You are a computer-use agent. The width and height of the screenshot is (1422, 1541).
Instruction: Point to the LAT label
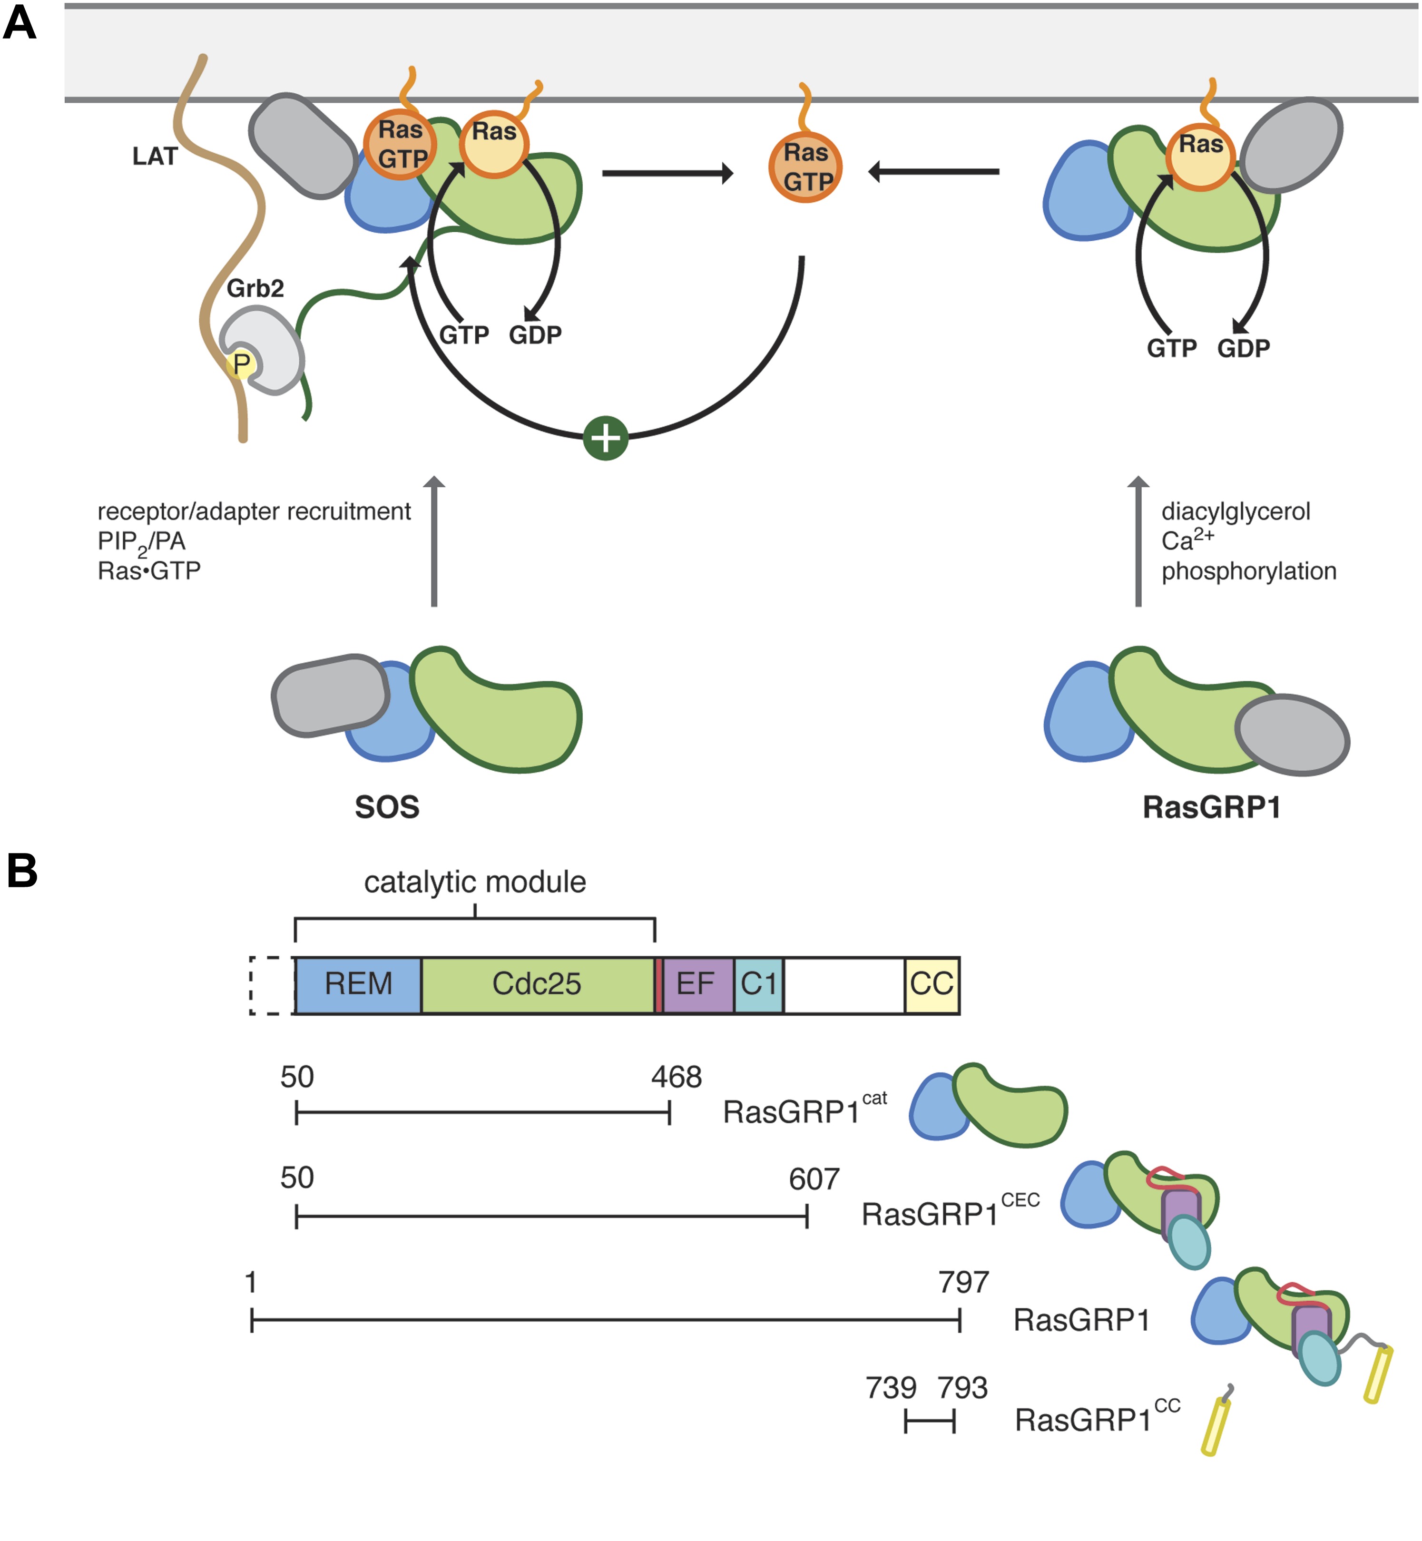(155, 156)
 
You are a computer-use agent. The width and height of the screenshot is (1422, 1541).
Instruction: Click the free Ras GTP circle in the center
(805, 167)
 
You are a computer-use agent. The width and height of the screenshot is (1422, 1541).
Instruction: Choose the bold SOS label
(387, 807)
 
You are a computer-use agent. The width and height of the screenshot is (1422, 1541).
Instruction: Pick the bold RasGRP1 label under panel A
(1211, 807)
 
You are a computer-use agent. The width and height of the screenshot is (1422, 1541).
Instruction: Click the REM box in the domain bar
(359, 984)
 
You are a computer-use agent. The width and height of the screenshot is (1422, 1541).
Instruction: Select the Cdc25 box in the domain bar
(537, 984)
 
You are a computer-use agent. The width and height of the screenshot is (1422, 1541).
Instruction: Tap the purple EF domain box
(696, 984)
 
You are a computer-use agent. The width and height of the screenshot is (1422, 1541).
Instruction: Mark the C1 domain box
(759, 984)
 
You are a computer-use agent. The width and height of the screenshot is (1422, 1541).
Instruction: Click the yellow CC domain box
(932, 984)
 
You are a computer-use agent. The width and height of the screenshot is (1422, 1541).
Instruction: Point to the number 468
(677, 1077)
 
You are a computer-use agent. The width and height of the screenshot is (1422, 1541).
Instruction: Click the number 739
(891, 1388)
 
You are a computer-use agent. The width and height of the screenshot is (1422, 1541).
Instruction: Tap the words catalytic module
(475, 882)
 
